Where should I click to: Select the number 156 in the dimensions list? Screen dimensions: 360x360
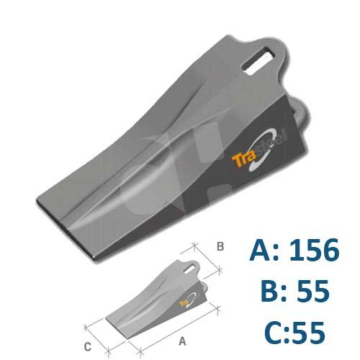click(310, 250)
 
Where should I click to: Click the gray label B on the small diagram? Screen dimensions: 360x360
click(220, 246)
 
